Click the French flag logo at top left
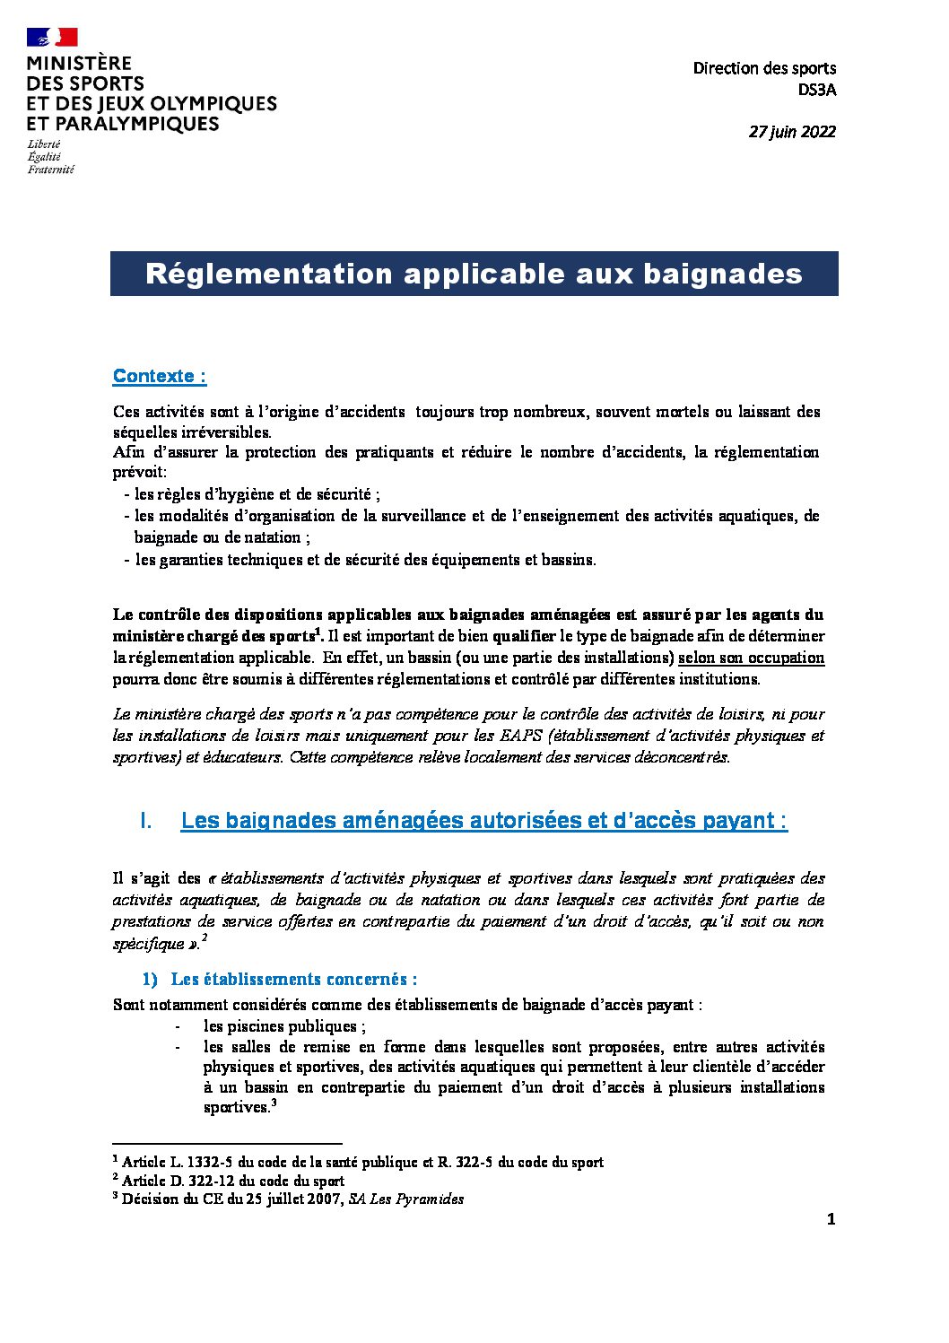52,37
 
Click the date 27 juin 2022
791,132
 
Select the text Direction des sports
764,68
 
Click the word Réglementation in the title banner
269,274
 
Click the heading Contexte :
160,377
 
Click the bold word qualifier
524,636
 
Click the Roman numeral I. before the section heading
146,821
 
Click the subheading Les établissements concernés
293,980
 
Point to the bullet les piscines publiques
283,1026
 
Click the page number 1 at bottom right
831,1219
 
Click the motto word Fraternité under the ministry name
51,170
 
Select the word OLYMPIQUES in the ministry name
221,104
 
